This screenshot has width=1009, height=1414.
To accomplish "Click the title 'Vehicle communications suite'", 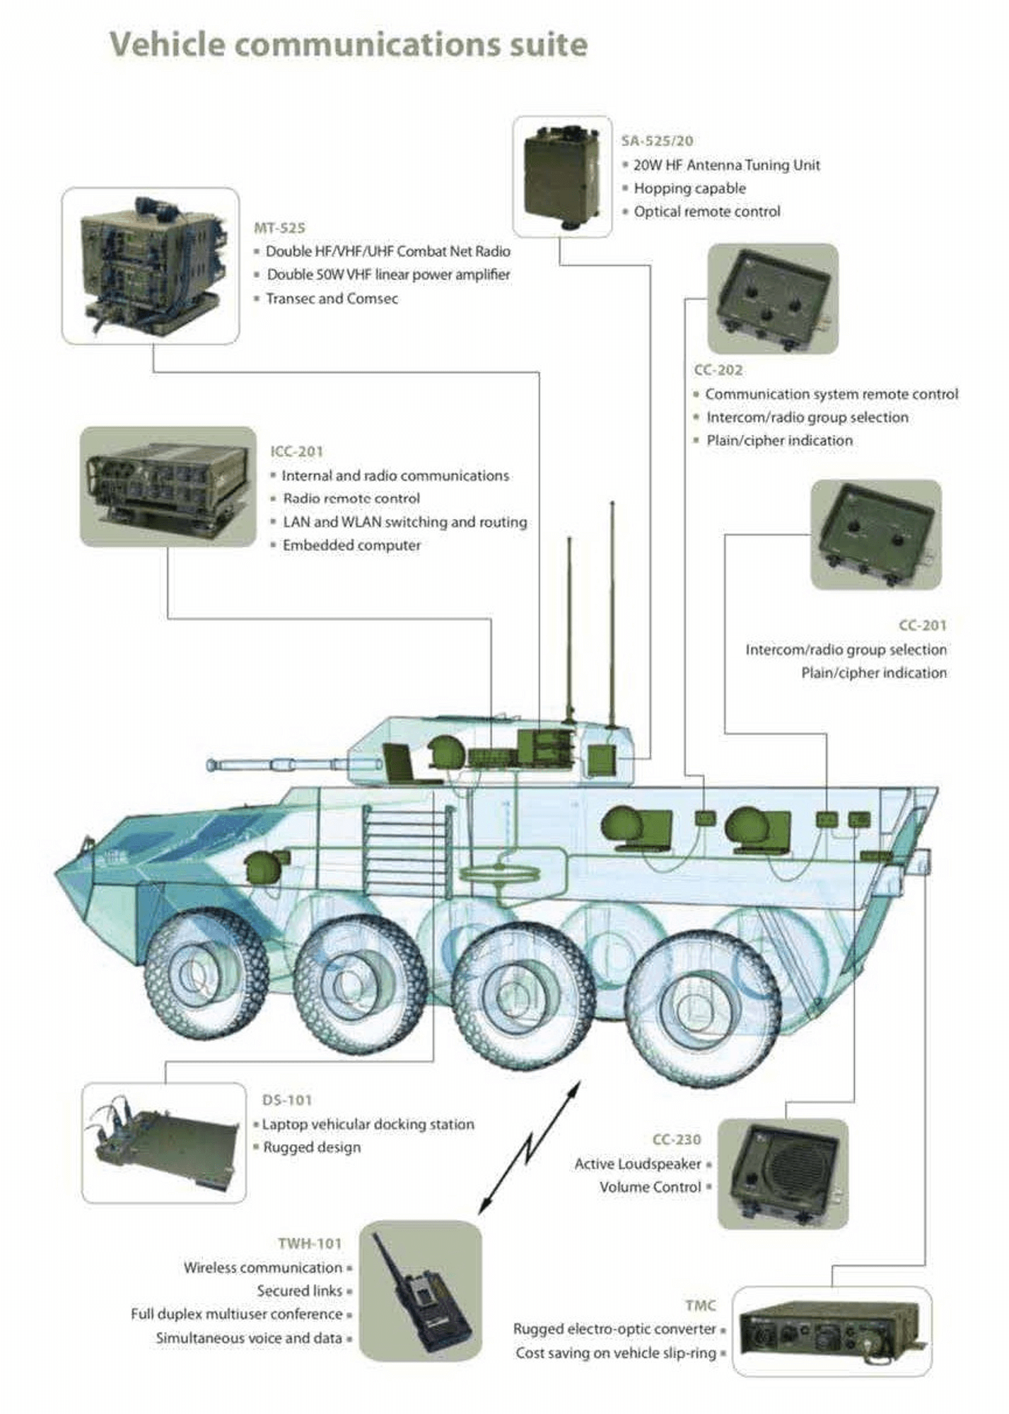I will (x=349, y=45).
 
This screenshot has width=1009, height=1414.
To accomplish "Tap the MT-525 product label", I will (x=279, y=228).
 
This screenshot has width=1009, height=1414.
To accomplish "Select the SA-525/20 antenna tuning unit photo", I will (x=562, y=176).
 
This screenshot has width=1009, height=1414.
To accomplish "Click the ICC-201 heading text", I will (x=296, y=451).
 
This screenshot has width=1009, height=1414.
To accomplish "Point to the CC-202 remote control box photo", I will (x=773, y=298).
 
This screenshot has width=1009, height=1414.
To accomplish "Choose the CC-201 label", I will (x=922, y=625).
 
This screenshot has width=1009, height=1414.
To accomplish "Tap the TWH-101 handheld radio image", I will (x=420, y=1293).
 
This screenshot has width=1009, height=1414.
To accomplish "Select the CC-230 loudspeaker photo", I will (x=783, y=1173).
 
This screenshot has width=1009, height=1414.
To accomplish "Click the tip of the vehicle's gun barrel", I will (x=211, y=765).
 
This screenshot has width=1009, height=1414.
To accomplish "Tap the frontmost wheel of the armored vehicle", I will (x=206, y=976).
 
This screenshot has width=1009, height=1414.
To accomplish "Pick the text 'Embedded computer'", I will (x=351, y=545).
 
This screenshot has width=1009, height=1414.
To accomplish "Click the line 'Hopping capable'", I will (x=689, y=188).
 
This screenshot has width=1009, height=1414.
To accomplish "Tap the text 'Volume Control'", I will (x=650, y=1187).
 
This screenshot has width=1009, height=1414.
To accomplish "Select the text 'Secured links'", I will (x=299, y=1290).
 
